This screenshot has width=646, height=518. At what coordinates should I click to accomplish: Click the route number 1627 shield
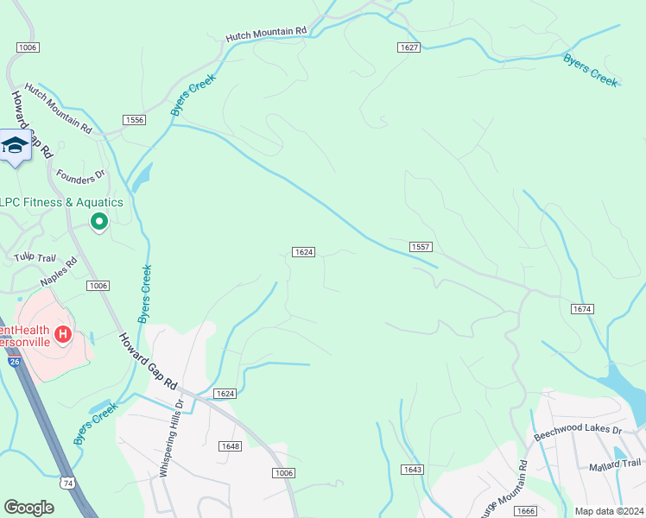(409, 46)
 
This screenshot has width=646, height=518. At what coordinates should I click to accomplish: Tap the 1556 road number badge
(133, 120)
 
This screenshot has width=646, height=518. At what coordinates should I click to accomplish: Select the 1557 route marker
(421, 246)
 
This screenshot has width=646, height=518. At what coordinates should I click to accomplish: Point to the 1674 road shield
(582, 308)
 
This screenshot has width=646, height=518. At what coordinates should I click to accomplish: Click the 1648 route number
(230, 446)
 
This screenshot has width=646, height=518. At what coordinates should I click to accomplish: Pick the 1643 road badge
(412, 469)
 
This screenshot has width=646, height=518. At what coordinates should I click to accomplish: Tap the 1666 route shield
(524, 511)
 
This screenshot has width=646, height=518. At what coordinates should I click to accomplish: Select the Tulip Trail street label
(35, 257)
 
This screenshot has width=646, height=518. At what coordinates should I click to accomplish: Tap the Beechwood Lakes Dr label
(578, 429)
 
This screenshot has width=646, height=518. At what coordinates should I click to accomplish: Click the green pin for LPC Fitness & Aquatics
(99, 223)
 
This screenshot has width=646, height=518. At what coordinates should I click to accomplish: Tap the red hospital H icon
(62, 333)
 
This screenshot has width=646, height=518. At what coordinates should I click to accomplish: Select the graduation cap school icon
(15, 145)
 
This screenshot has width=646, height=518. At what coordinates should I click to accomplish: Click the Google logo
(28, 508)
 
